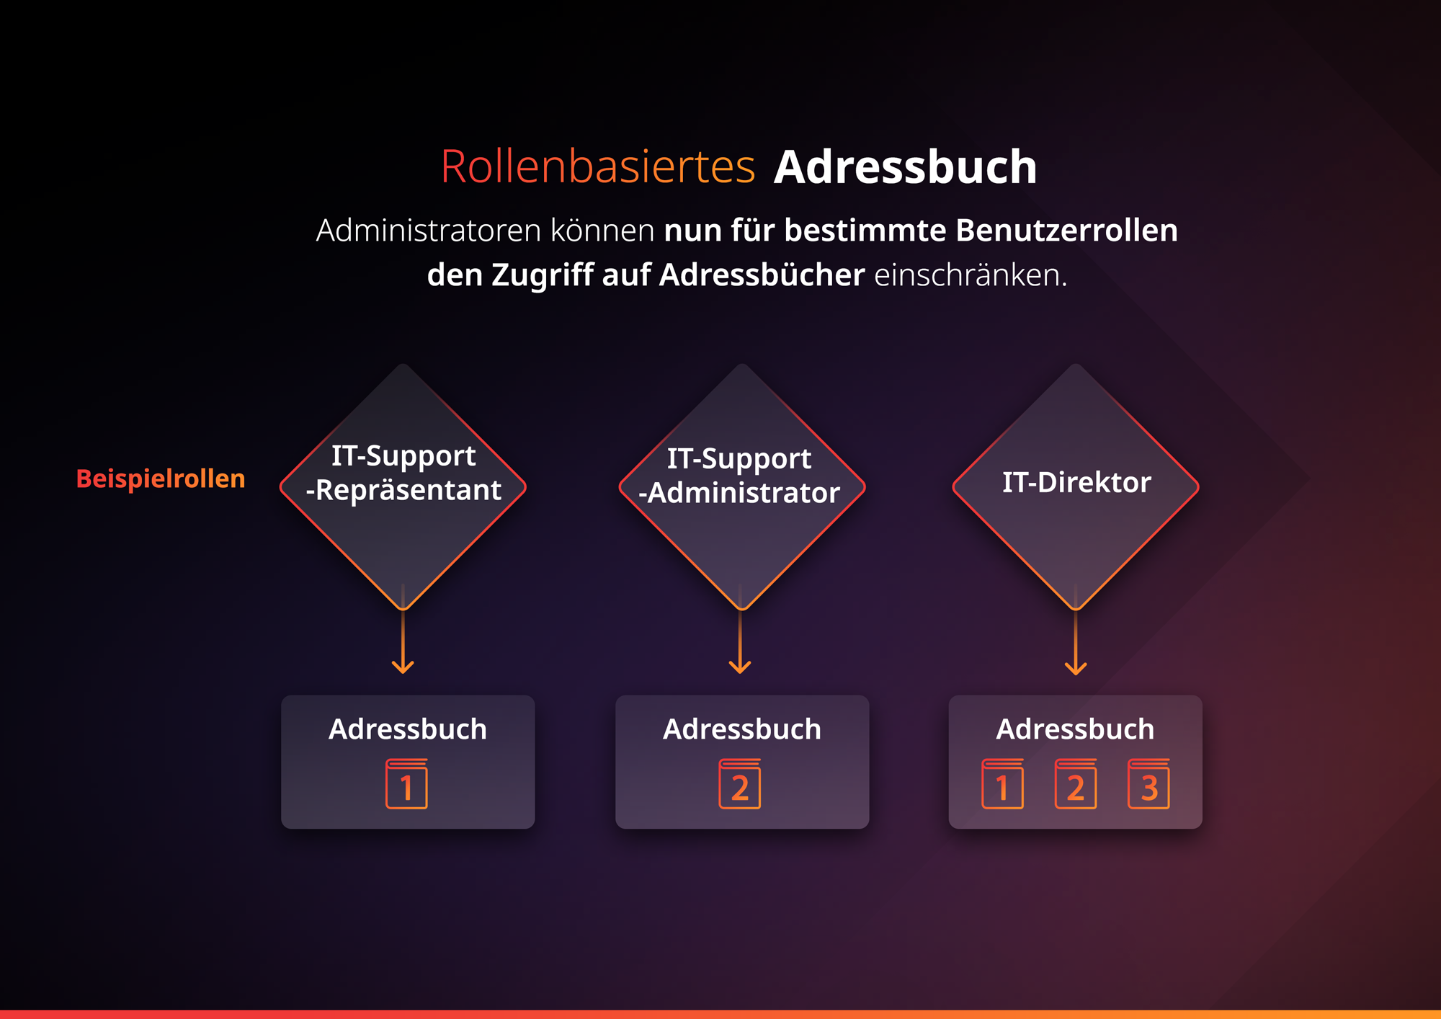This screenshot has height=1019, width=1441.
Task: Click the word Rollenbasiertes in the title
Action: (x=598, y=167)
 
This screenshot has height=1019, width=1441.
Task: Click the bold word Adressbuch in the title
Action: (x=905, y=167)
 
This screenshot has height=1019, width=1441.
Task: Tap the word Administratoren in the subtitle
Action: (x=429, y=231)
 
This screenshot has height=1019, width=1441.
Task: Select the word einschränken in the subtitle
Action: (x=971, y=275)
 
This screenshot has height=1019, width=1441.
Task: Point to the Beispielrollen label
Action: (x=161, y=479)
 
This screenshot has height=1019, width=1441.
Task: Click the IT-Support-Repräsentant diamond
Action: (x=403, y=487)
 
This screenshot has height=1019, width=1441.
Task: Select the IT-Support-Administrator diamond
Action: (x=741, y=487)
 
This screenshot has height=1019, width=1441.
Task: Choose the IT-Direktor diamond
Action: (x=1076, y=487)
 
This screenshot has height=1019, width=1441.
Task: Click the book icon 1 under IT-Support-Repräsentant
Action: (x=407, y=783)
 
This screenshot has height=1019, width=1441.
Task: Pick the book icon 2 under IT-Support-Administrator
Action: (x=740, y=783)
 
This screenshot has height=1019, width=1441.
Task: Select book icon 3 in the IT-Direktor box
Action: (x=1148, y=783)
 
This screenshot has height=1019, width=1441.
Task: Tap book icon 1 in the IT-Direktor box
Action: (x=1002, y=783)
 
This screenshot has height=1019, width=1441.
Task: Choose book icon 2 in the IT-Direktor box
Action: (x=1076, y=783)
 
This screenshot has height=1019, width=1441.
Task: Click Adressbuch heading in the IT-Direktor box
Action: (x=1075, y=729)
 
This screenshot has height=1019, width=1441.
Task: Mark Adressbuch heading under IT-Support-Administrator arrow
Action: (x=742, y=729)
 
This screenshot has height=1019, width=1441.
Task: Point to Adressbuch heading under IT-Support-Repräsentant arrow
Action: (x=408, y=729)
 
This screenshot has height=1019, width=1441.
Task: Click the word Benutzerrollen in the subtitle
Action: (x=1066, y=231)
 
